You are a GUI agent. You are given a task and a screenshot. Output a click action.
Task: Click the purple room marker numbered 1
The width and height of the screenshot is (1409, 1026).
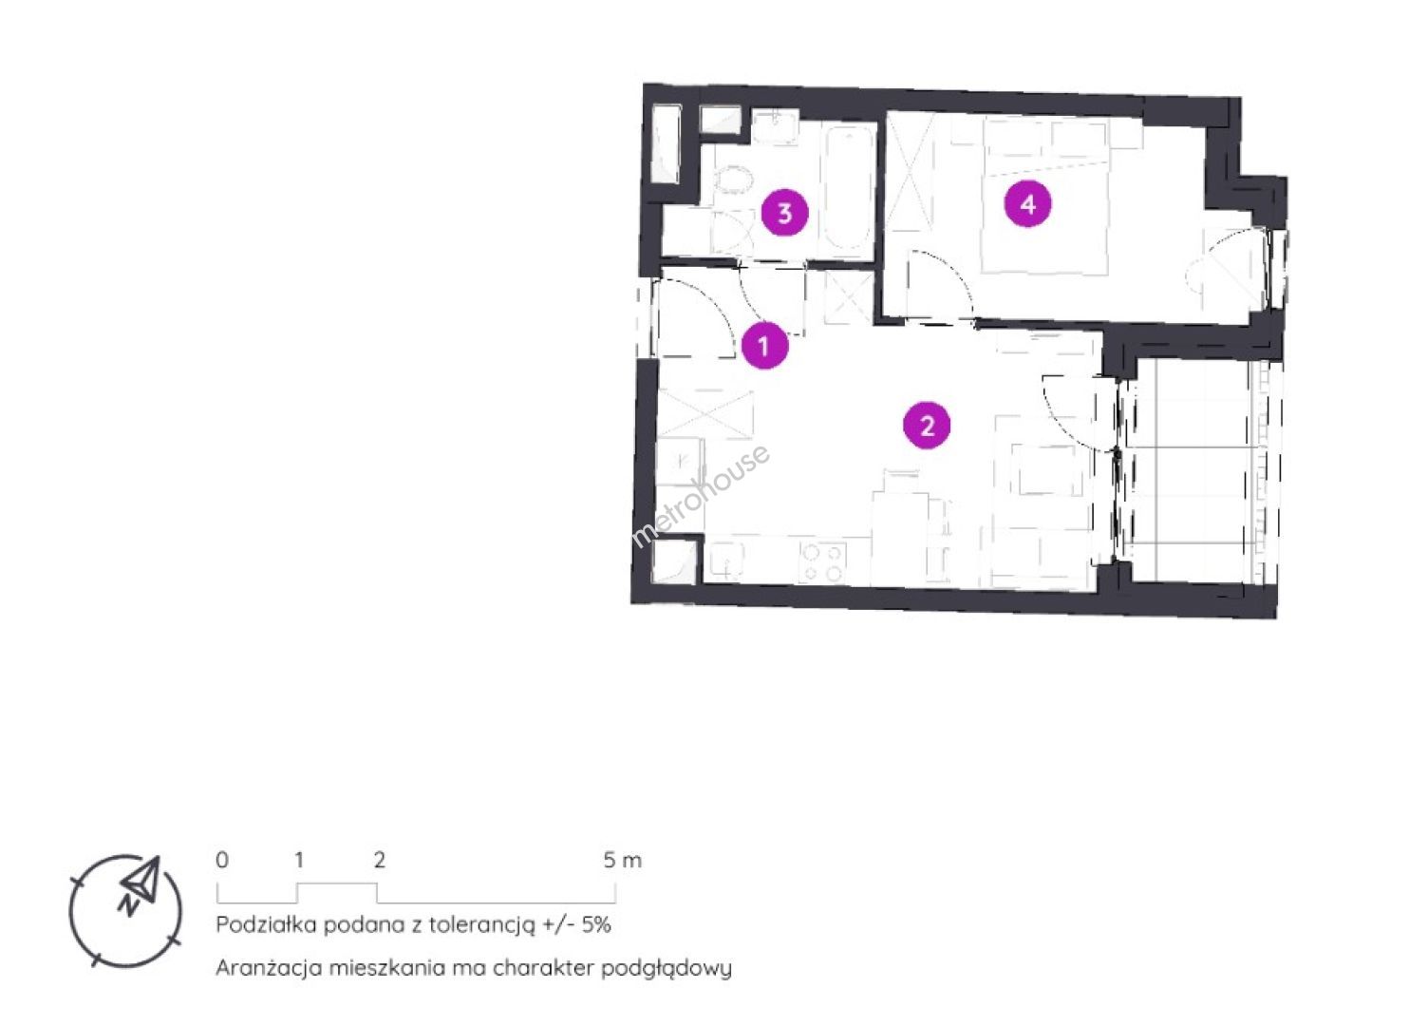pos(764,346)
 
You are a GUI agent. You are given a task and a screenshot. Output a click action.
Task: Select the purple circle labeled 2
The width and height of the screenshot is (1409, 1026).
pos(927,427)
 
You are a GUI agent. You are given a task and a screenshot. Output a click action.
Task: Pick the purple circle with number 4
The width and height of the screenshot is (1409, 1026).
pos(1027,204)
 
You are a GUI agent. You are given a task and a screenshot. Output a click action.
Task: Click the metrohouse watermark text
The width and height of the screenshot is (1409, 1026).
pos(701,497)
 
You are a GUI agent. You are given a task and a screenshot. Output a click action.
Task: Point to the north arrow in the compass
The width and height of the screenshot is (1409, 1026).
pos(141,883)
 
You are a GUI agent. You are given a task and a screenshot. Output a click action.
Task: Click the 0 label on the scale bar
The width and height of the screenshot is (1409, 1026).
pos(222,860)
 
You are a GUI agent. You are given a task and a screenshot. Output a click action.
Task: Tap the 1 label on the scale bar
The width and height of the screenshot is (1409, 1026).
pos(299,860)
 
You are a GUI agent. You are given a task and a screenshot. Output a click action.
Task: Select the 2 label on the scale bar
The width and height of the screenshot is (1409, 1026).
pos(379,860)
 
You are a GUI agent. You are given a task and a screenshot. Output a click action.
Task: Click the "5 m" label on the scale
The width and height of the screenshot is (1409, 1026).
pos(623,860)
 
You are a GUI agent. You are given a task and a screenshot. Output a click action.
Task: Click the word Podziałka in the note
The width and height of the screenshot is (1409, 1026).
pos(267,924)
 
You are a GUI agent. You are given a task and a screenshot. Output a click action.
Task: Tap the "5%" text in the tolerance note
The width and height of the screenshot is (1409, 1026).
pos(595,924)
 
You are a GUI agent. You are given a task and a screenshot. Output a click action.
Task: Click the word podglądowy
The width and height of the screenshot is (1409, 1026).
pos(667,969)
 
